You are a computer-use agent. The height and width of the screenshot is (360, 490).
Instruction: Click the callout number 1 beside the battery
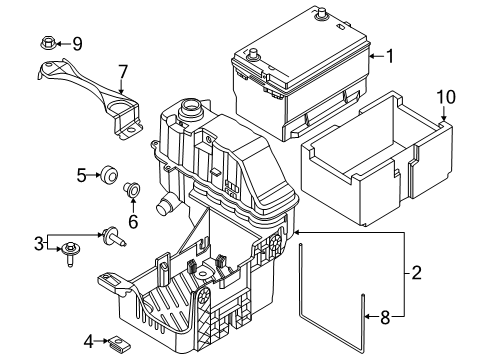pos(389,56)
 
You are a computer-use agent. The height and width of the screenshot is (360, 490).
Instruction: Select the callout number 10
pos(446,97)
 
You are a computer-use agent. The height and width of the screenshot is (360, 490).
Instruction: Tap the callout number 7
pos(123,72)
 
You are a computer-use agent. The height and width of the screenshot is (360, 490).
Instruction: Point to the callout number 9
pos(77,44)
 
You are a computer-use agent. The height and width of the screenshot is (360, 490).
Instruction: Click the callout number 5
pos(82,175)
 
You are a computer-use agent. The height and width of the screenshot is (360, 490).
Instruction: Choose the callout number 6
pos(133,222)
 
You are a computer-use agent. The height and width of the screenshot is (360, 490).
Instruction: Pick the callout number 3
pos(39,243)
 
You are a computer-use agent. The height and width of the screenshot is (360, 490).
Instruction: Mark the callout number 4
pos(89,342)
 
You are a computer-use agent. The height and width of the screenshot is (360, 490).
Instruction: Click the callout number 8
pos(385,317)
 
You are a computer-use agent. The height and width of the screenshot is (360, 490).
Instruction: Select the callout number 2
pos(416,273)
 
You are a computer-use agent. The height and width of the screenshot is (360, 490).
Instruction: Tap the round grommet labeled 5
pos(109,174)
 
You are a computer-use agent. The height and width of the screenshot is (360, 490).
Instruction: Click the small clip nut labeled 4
pos(119,342)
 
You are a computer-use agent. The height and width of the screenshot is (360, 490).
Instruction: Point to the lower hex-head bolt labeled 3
pos(70,253)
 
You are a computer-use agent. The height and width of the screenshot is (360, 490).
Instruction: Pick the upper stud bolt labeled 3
pos(114,236)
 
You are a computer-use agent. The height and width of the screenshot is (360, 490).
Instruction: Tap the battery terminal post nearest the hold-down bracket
pos(253,54)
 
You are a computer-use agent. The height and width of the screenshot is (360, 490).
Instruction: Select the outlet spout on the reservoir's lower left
pos(164,205)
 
